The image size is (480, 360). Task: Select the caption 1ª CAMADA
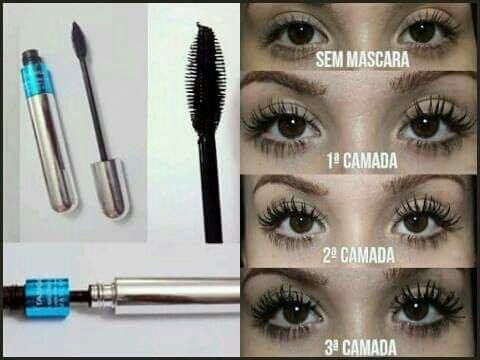(362, 161)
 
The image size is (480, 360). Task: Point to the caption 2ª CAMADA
(359, 255)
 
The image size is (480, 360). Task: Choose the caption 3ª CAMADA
(361, 347)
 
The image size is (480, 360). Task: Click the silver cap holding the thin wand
(111, 188)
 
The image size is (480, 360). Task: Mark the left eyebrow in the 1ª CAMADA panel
(287, 83)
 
